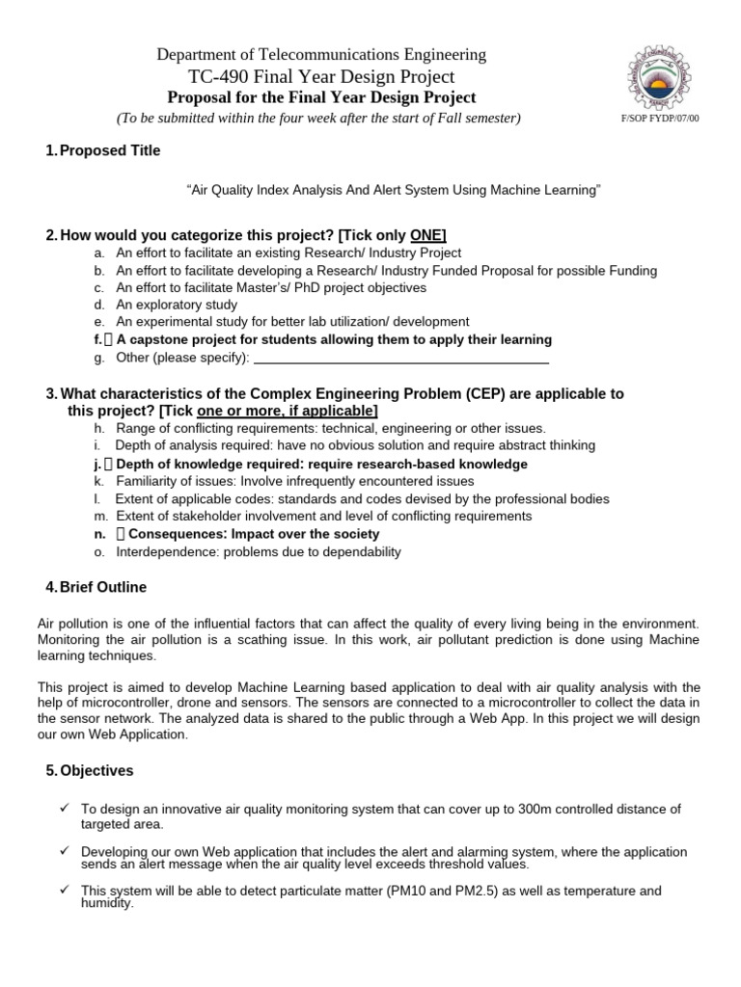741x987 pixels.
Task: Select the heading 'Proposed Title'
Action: point(110,150)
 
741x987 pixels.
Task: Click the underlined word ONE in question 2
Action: point(427,236)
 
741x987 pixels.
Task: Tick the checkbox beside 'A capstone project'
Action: point(108,340)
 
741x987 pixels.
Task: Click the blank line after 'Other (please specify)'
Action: point(400,359)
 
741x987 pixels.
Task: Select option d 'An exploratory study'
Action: point(176,305)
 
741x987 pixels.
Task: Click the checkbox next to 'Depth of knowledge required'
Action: point(108,464)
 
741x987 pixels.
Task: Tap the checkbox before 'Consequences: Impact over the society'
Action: point(121,534)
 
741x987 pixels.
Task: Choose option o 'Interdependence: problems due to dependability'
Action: point(258,552)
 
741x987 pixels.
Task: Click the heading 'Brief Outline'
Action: point(103,587)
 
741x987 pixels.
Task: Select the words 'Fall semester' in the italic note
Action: point(479,119)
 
